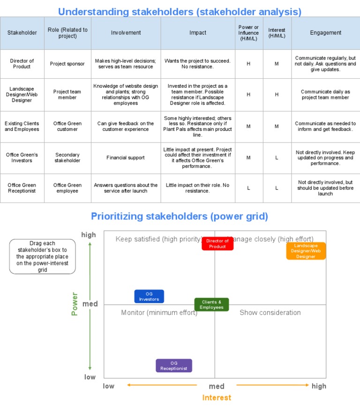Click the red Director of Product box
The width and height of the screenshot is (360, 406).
coord(217,244)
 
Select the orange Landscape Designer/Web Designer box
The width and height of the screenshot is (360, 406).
coord(306,251)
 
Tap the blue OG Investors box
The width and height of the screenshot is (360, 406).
coord(149,296)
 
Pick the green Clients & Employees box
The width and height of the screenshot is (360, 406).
coord(211,305)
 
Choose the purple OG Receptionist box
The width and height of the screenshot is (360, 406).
coord(174,366)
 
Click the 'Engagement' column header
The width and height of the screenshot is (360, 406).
coord(325,33)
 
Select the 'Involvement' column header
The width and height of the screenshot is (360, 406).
coord(126,33)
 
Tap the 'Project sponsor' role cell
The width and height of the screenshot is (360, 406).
coord(67,64)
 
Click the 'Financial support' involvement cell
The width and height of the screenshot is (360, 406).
coord(126,158)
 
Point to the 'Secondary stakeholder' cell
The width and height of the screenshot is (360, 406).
coord(67,158)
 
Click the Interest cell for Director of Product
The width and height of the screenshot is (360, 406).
coord(277,64)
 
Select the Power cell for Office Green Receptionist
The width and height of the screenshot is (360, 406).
coord(248,188)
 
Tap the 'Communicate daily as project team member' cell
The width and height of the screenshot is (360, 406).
coord(325,95)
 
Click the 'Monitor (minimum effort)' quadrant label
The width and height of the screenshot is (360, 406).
coord(159,313)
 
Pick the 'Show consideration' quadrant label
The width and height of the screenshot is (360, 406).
coord(270,313)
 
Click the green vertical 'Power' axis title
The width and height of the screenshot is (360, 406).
coord(75,304)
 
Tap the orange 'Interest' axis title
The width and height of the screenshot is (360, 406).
coord(217,398)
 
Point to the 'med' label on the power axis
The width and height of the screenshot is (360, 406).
coord(90,304)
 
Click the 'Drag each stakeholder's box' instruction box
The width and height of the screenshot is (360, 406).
coord(42,256)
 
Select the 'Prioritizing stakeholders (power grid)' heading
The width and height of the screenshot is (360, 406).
coord(180,216)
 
